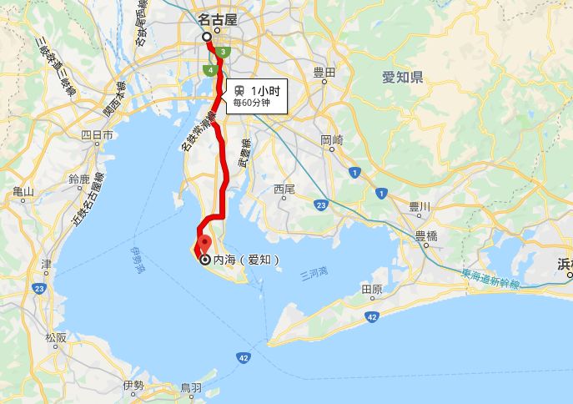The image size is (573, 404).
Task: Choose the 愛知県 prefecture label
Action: pos(403,78)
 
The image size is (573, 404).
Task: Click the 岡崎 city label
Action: pos(331,140)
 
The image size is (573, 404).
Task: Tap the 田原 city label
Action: pos(371,289)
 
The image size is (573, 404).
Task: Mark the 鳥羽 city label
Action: pos(191,387)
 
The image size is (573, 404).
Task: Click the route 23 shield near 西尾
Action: pos(321,205)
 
